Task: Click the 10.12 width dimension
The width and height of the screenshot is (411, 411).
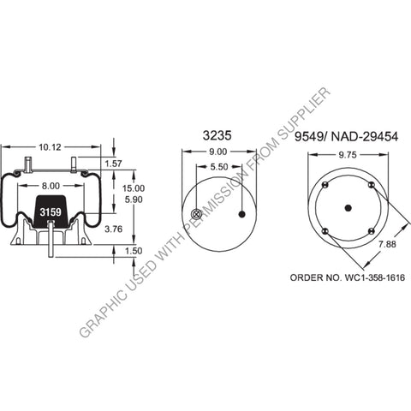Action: tap(51, 146)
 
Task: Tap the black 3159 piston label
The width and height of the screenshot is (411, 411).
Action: tap(50, 210)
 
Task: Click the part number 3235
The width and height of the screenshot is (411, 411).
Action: tap(218, 134)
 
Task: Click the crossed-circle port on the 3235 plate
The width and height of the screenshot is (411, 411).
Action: tap(196, 214)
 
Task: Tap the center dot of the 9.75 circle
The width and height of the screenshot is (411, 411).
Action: tap(348, 207)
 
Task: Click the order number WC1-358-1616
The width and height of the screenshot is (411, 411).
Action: tap(347, 278)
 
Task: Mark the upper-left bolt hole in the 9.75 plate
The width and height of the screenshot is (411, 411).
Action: tap(325, 185)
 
